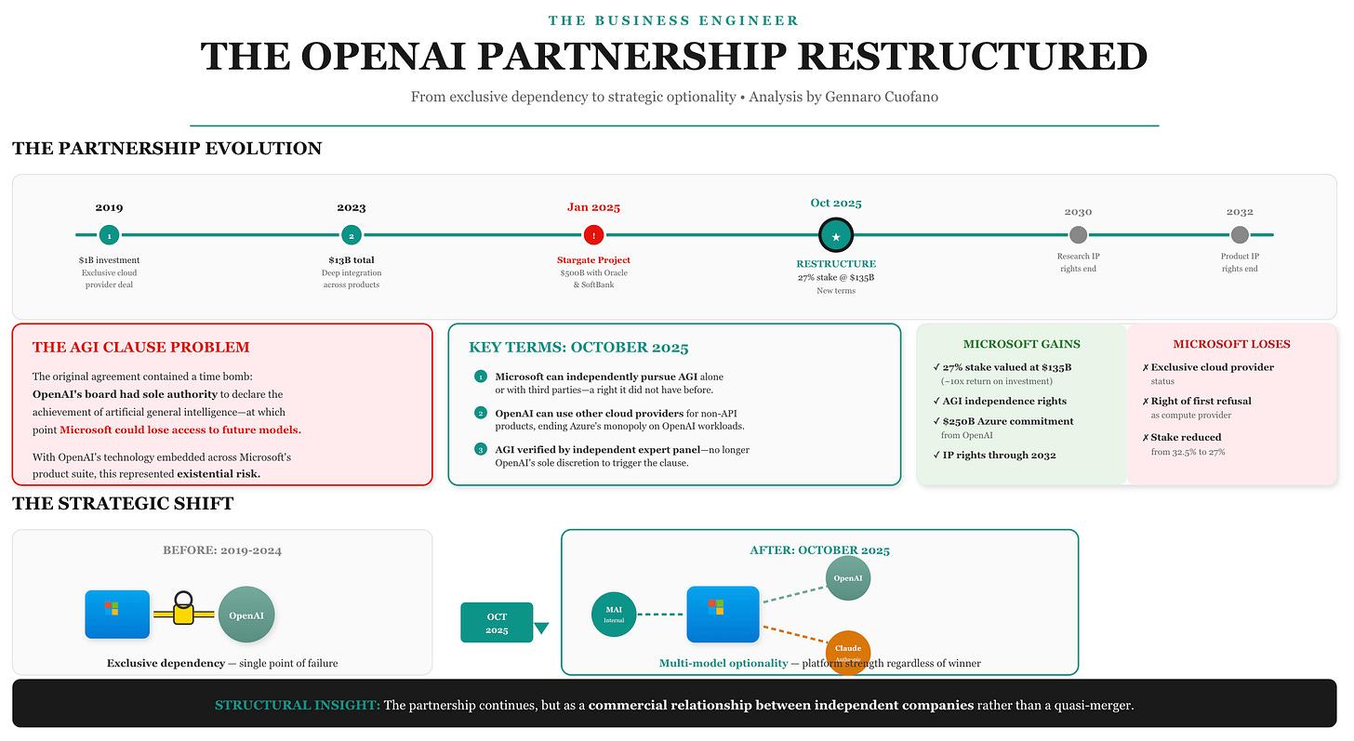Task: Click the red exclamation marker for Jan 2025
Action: point(593,235)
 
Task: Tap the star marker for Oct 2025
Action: point(835,236)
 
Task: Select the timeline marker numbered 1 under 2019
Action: point(109,235)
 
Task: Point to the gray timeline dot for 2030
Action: point(1078,235)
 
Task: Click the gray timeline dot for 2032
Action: point(1240,235)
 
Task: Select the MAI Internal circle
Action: point(614,615)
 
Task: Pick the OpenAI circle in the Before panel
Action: point(246,615)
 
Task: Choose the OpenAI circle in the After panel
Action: point(848,578)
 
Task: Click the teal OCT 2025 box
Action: point(497,622)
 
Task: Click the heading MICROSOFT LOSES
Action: point(1231,344)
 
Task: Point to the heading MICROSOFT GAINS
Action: point(1021,344)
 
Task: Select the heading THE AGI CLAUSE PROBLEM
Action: point(141,348)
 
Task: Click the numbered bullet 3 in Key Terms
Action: point(481,450)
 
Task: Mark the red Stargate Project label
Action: point(593,260)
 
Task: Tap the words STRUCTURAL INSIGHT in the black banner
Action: point(297,706)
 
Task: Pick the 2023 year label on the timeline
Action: point(352,207)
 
